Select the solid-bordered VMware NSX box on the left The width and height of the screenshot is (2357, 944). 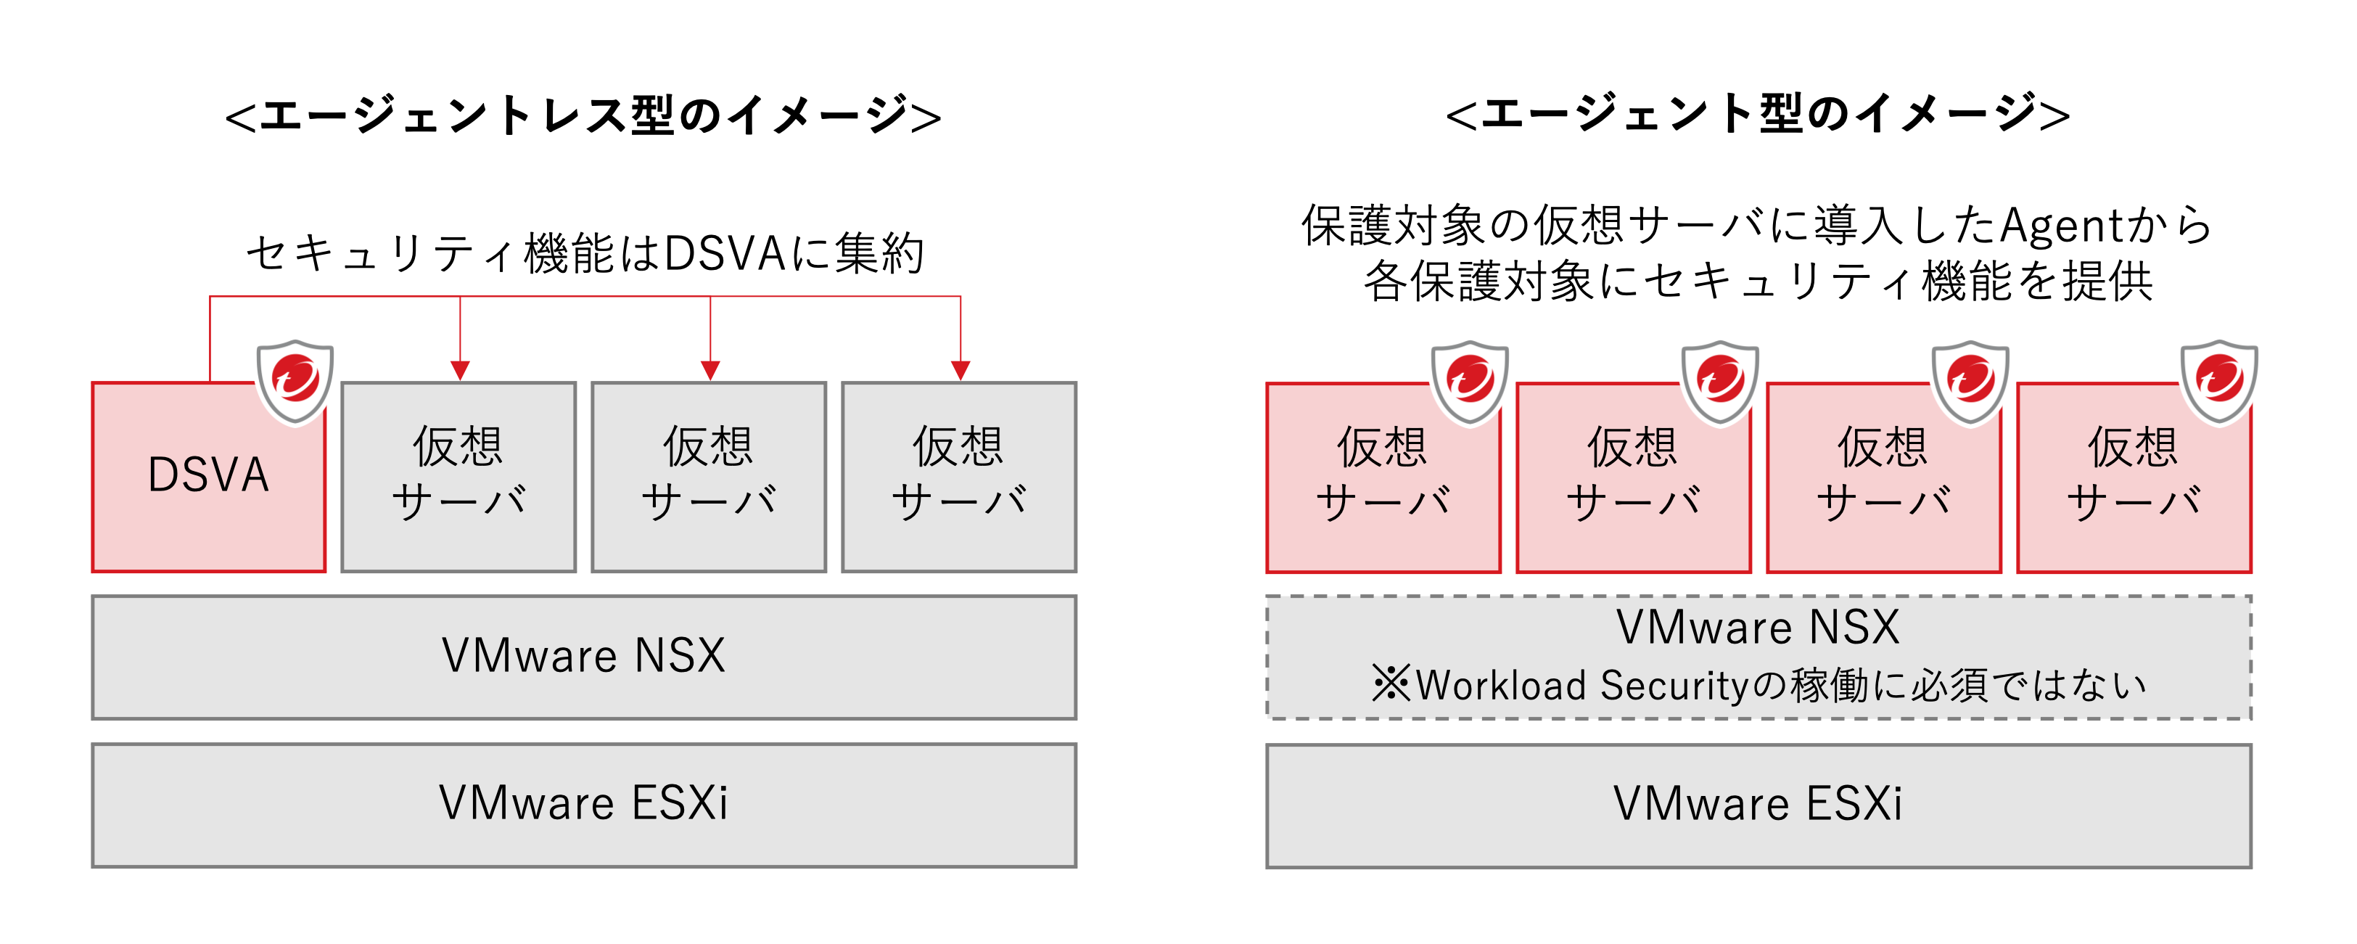[584, 657]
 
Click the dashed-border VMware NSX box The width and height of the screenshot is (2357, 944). [1758, 657]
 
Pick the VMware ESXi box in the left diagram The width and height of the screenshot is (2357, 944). [584, 805]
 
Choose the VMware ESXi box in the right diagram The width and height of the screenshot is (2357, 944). [1758, 805]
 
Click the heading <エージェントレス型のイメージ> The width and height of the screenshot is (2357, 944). [584, 116]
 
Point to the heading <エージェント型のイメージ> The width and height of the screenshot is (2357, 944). [1758, 116]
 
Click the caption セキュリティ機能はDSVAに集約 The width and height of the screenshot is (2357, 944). [585, 253]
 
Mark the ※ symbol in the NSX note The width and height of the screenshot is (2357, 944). [1391, 684]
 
